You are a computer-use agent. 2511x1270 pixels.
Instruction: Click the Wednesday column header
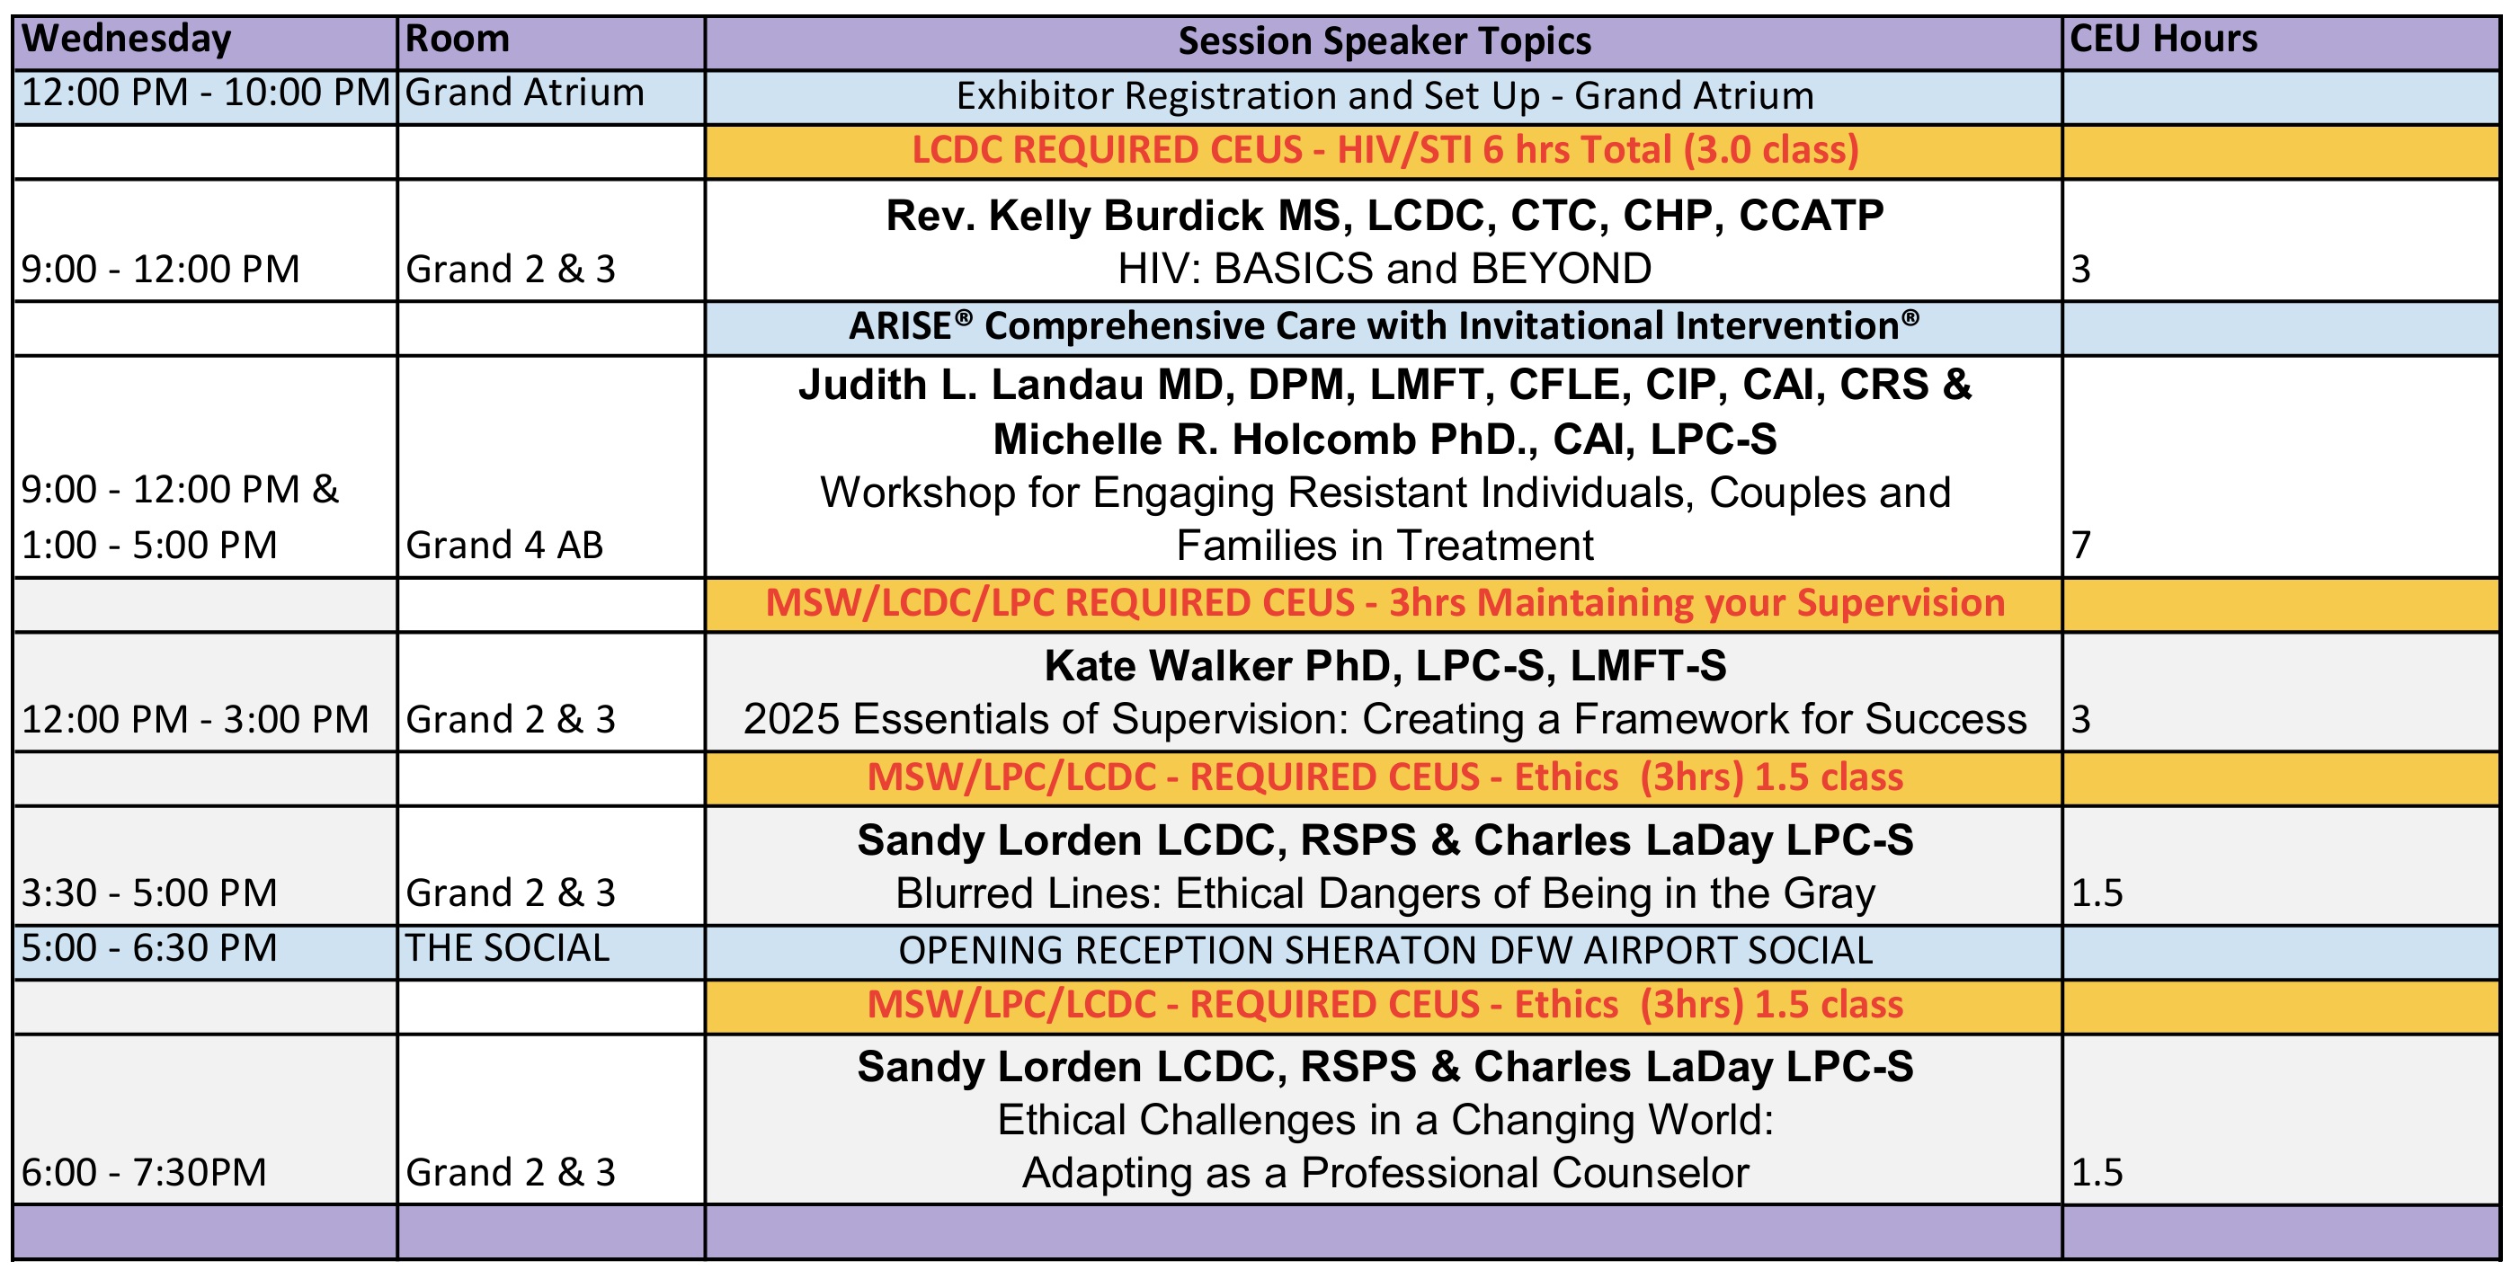click(x=126, y=39)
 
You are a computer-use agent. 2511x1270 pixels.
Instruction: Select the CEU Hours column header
click(x=2163, y=39)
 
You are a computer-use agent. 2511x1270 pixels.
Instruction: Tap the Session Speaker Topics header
click(x=1385, y=41)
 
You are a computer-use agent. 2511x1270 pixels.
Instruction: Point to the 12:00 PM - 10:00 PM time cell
click(x=206, y=93)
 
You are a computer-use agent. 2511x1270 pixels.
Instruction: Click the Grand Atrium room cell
click(x=524, y=93)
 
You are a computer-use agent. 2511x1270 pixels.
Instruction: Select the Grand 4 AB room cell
click(x=504, y=545)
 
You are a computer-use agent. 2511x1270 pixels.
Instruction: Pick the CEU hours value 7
click(x=2081, y=545)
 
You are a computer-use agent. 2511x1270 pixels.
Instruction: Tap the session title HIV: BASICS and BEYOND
click(x=1385, y=269)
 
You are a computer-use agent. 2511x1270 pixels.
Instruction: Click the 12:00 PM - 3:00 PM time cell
click(x=195, y=719)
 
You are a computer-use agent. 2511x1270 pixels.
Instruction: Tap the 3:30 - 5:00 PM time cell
click(x=149, y=893)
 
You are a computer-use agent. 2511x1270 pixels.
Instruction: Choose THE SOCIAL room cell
click(x=507, y=948)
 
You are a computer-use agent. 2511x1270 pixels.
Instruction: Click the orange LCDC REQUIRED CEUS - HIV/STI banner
click(x=1385, y=150)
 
